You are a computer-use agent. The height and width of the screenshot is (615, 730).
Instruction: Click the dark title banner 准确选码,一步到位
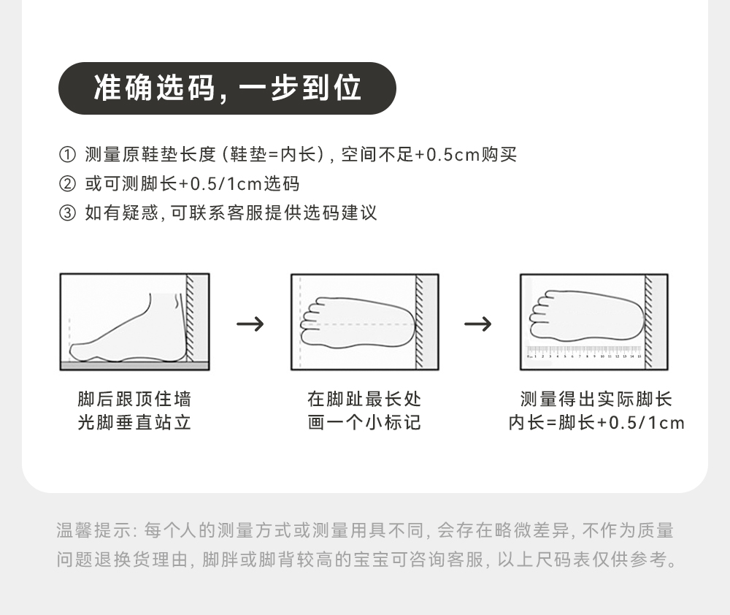[x=227, y=88]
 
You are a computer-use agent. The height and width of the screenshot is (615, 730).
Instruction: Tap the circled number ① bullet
[x=66, y=155]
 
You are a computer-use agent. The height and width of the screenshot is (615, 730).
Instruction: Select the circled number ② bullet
[x=66, y=184]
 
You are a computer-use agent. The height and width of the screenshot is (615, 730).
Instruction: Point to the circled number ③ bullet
[x=66, y=213]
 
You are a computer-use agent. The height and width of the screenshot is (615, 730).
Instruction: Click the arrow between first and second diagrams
[x=250, y=324]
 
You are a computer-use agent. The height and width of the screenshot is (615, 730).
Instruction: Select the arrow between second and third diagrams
[x=478, y=324]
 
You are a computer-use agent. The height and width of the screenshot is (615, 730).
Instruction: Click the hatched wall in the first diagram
[x=190, y=318]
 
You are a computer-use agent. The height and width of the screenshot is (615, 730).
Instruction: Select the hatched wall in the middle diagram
[x=420, y=321]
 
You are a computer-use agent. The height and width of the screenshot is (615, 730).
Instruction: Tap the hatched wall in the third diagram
[x=649, y=321]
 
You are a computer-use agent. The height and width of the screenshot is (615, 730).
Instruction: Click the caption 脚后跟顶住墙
[x=134, y=400]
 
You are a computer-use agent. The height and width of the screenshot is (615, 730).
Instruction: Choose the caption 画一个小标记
[x=364, y=423]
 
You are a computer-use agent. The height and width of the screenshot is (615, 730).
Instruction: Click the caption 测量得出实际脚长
[x=596, y=400]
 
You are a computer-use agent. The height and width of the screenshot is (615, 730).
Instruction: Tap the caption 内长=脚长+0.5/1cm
[x=596, y=423]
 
